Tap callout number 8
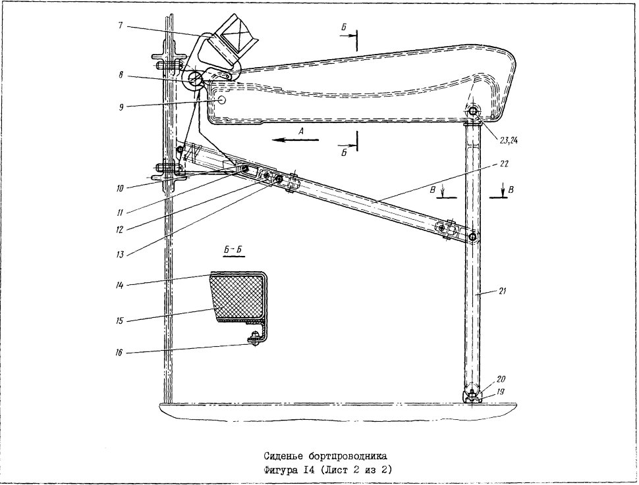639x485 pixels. click(x=121, y=75)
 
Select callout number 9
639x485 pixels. click(x=121, y=107)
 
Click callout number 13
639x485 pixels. click(x=119, y=255)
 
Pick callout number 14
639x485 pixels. click(x=120, y=285)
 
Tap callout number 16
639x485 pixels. click(x=119, y=352)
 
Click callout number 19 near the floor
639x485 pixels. click(x=501, y=392)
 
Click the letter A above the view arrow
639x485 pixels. click(x=301, y=131)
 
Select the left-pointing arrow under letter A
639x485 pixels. click(x=296, y=140)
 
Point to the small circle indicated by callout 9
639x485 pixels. click(x=223, y=100)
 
